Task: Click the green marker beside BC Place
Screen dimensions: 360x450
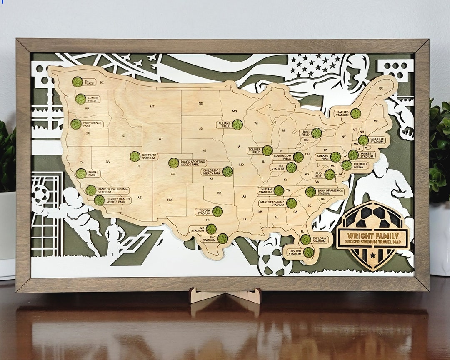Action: pos(77,82)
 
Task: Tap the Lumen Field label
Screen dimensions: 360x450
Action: pos(92,99)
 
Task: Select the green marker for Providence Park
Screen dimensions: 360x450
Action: pos(76,124)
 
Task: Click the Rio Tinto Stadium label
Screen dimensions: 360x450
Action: pos(149,156)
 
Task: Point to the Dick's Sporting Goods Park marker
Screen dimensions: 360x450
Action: pos(174,163)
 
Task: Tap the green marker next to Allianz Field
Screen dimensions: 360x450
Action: pos(237,125)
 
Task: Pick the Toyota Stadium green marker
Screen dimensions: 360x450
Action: pos(217,212)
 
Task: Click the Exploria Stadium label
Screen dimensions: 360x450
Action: pos(320,239)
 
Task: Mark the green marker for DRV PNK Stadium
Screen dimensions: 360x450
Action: pos(309,252)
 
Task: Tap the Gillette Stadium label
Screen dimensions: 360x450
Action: pos(377,140)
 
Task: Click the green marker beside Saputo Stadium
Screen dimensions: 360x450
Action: pos(355,113)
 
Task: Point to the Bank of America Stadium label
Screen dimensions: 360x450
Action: pos(330,192)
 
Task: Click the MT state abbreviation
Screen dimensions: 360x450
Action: pos(152,107)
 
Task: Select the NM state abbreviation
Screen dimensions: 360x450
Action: pos(170,200)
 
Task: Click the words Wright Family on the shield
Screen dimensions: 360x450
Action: pos(373,235)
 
